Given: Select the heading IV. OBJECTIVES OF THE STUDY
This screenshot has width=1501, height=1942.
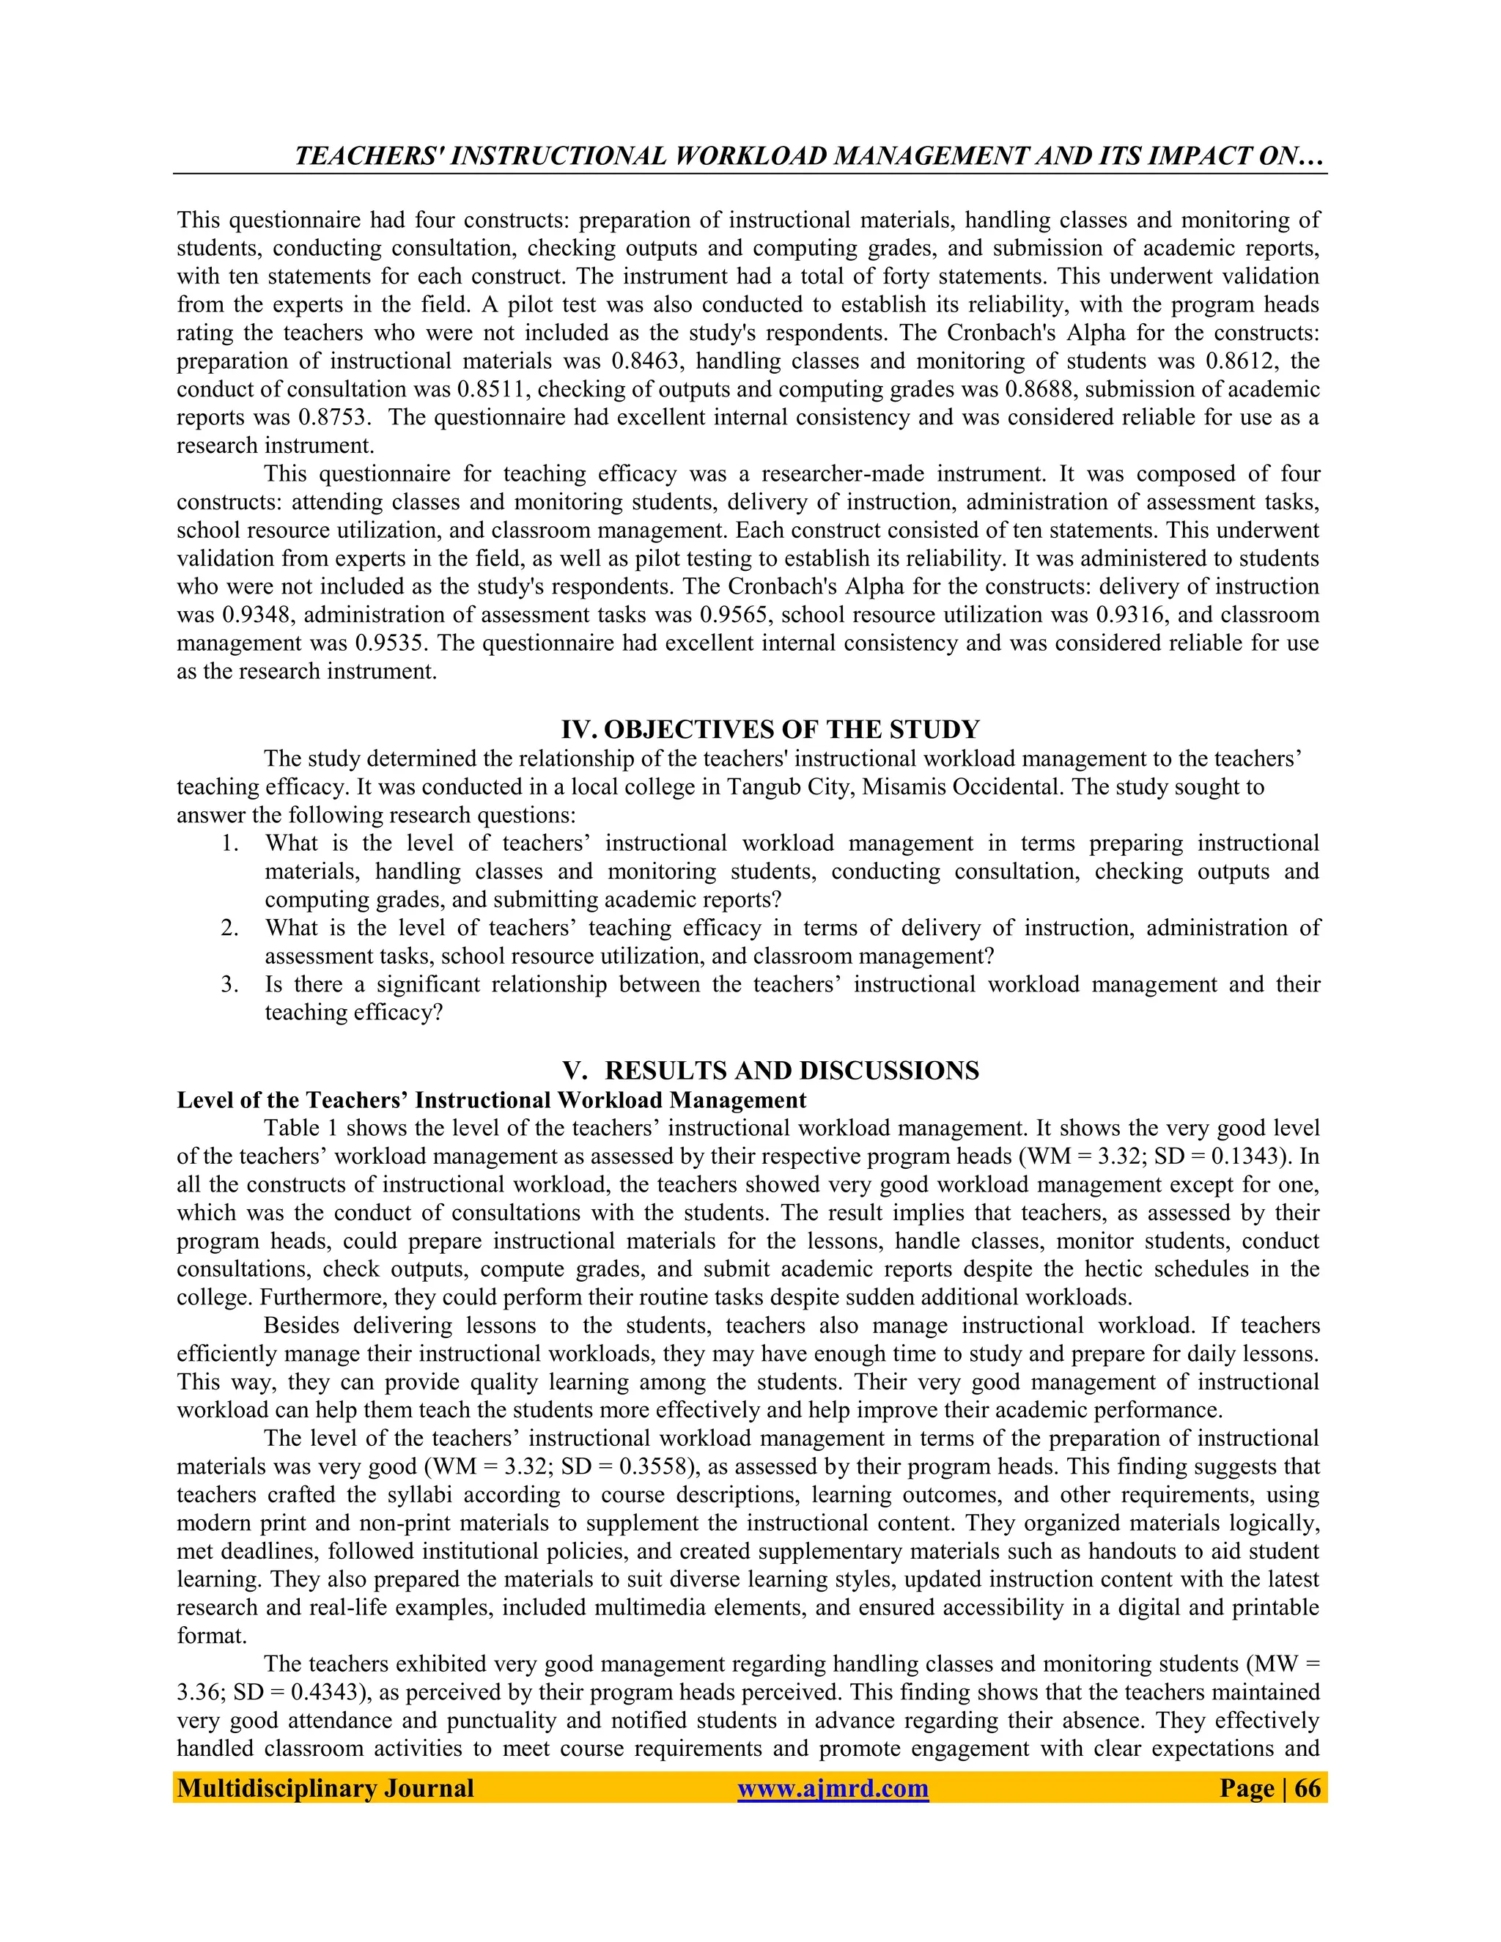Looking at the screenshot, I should tap(770, 730).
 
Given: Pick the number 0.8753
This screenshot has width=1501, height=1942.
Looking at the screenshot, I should tap(332, 417).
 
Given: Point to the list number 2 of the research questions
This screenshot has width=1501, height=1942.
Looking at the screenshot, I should tap(230, 928).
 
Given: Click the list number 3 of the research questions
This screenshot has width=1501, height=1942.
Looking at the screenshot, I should tap(230, 985).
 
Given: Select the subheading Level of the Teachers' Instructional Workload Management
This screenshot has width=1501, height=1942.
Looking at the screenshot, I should tap(492, 1100).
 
